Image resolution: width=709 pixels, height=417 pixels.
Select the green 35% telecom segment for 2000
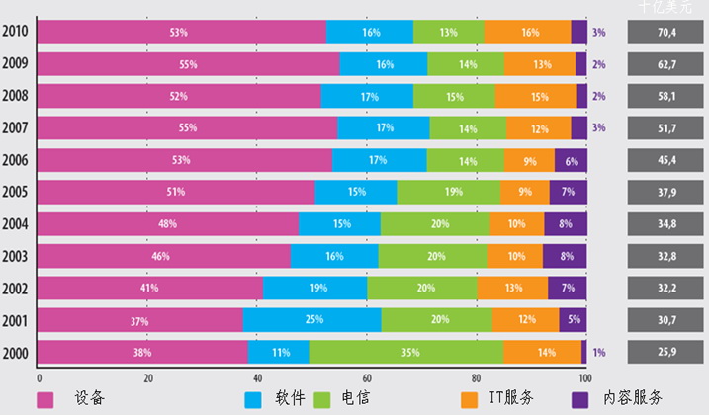[405, 352]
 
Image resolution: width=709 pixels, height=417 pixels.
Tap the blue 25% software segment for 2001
[311, 320]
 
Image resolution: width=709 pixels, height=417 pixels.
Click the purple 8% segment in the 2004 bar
[565, 223]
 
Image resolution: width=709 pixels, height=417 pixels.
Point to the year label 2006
[15, 160]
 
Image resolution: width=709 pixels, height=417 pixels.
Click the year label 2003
[15, 256]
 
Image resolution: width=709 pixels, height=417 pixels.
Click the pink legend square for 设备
[44, 399]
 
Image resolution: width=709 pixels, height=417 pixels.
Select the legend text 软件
[290, 399]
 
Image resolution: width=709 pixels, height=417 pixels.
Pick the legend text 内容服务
[634, 399]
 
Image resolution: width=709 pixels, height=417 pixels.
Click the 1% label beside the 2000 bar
[599, 353]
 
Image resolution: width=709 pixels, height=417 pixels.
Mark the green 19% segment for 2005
[448, 192]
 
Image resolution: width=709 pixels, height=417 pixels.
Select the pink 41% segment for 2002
[150, 288]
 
